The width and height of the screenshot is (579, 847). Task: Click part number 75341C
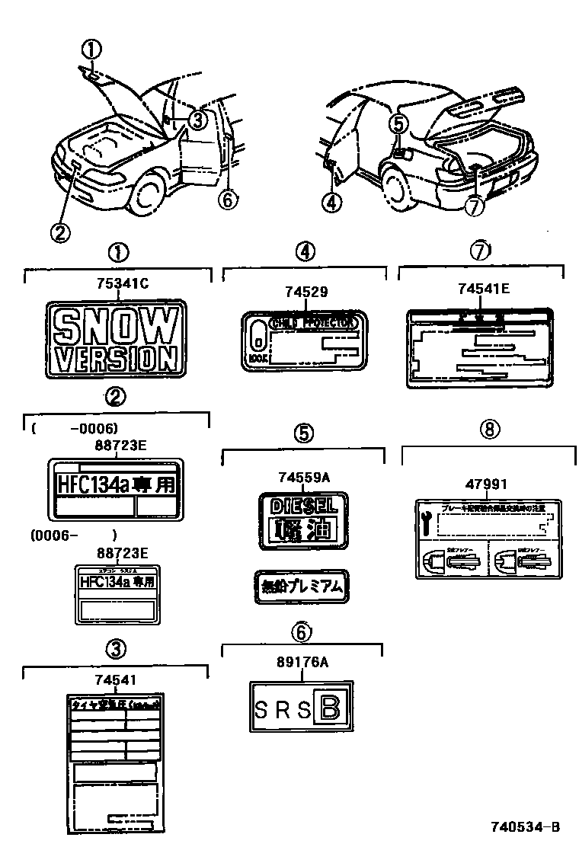click(122, 285)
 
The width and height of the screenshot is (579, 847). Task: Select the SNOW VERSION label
click(115, 339)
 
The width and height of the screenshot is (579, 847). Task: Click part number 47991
click(486, 484)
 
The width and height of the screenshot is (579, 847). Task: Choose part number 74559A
click(303, 478)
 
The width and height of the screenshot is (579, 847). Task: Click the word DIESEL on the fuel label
click(302, 505)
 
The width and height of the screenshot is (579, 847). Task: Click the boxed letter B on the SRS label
click(331, 708)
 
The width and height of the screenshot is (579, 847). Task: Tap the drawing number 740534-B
click(526, 826)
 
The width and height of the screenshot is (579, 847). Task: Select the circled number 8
click(489, 429)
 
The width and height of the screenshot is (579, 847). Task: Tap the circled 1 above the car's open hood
click(91, 50)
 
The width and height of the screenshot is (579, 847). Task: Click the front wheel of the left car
click(145, 193)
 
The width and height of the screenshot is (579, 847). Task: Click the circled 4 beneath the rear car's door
click(332, 202)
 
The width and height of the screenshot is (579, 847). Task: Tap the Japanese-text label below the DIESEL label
click(302, 587)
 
